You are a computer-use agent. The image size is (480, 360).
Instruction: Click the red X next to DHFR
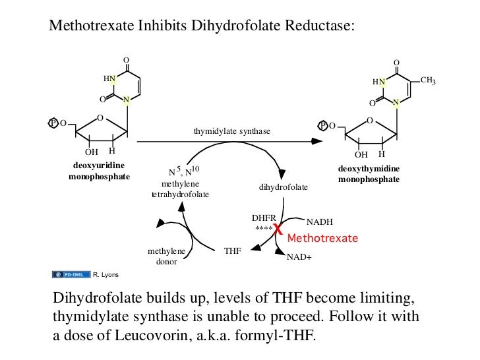[x=278, y=230]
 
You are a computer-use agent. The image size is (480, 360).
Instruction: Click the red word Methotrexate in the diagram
[x=322, y=237]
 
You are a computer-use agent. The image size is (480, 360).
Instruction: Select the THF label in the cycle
[x=233, y=251]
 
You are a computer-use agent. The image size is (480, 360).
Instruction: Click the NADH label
[x=320, y=222]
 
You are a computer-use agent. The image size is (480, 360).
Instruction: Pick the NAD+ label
[x=299, y=258]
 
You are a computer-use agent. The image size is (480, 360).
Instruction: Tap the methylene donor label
[x=166, y=256]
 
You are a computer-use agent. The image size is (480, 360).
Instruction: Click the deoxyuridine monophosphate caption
[x=100, y=170]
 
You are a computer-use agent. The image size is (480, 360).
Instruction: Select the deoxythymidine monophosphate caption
[x=369, y=174]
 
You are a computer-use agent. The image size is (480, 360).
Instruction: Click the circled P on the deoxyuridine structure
[x=54, y=123]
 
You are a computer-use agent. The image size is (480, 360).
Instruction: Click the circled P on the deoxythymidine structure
[x=323, y=125]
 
